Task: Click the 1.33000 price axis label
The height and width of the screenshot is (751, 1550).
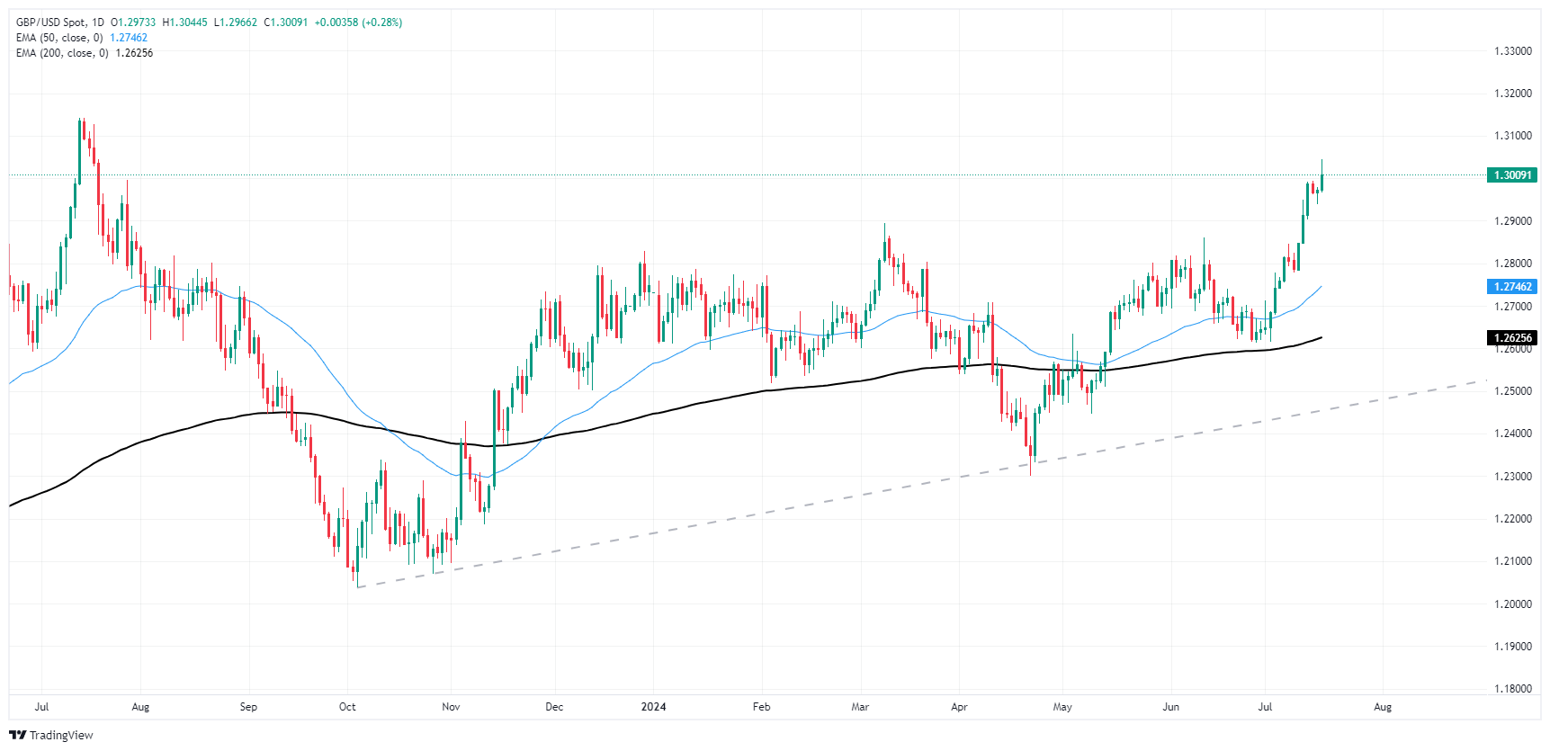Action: tap(1512, 51)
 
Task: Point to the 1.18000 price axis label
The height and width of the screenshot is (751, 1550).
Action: tap(1512, 689)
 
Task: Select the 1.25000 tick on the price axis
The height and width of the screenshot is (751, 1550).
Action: tap(1512, 391)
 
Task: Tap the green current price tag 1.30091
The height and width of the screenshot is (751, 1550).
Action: tap(1512, 175)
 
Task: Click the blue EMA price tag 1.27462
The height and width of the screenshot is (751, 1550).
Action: tap(1512, 287)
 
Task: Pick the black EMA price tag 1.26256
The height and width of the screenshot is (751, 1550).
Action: tap(1512, 338)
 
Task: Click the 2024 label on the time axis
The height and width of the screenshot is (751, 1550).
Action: tap(653, 707)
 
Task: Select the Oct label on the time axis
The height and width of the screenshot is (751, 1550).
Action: tap(347, 707)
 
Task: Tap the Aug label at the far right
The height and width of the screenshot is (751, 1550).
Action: tap(1383, 707)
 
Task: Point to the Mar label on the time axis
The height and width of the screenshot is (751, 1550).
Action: tap(860, 707)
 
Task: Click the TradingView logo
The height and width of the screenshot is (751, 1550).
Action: tap(51, 736)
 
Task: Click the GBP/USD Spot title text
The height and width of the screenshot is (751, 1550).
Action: tap(53, 22)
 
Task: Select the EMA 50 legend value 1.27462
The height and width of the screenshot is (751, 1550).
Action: tap(129, 38)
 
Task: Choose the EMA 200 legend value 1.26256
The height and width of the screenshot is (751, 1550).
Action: tap(134, 53)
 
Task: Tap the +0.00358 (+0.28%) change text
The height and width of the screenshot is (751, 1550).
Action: tap(358, 22)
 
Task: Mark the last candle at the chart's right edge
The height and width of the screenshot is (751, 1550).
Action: tap(1322, 176)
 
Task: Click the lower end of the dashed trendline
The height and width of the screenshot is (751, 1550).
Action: tap(358, 587)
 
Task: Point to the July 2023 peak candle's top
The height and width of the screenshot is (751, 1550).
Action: tap(79, 120)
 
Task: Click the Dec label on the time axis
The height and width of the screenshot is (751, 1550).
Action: tap(554, 707)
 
